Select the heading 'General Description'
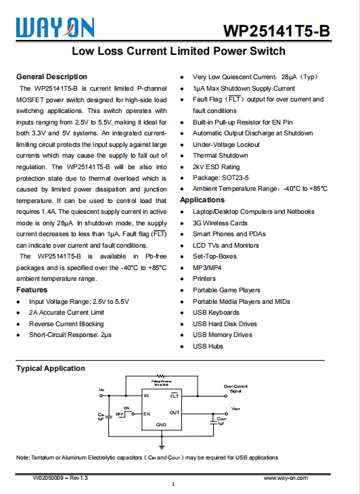[x=51, y=76]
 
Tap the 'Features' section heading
[x=32, y=290]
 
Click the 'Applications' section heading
[x=202, y=200]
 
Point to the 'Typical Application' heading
[x=51, y=368]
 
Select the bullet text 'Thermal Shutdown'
[x=220, y=156]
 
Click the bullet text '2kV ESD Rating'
[x=216, y=166]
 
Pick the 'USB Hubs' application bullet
[x=208, y=346]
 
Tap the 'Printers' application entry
[x=204, y=279]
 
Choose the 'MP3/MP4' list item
[x=207, y=267]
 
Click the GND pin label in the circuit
[x=161, y=424]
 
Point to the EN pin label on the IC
[x=147, y=413]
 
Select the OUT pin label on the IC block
[x=175, y=412]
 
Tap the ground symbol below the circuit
[x=162, y=446]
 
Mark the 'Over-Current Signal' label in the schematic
[x=235, y=388]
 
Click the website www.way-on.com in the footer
[x=286, y=478]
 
